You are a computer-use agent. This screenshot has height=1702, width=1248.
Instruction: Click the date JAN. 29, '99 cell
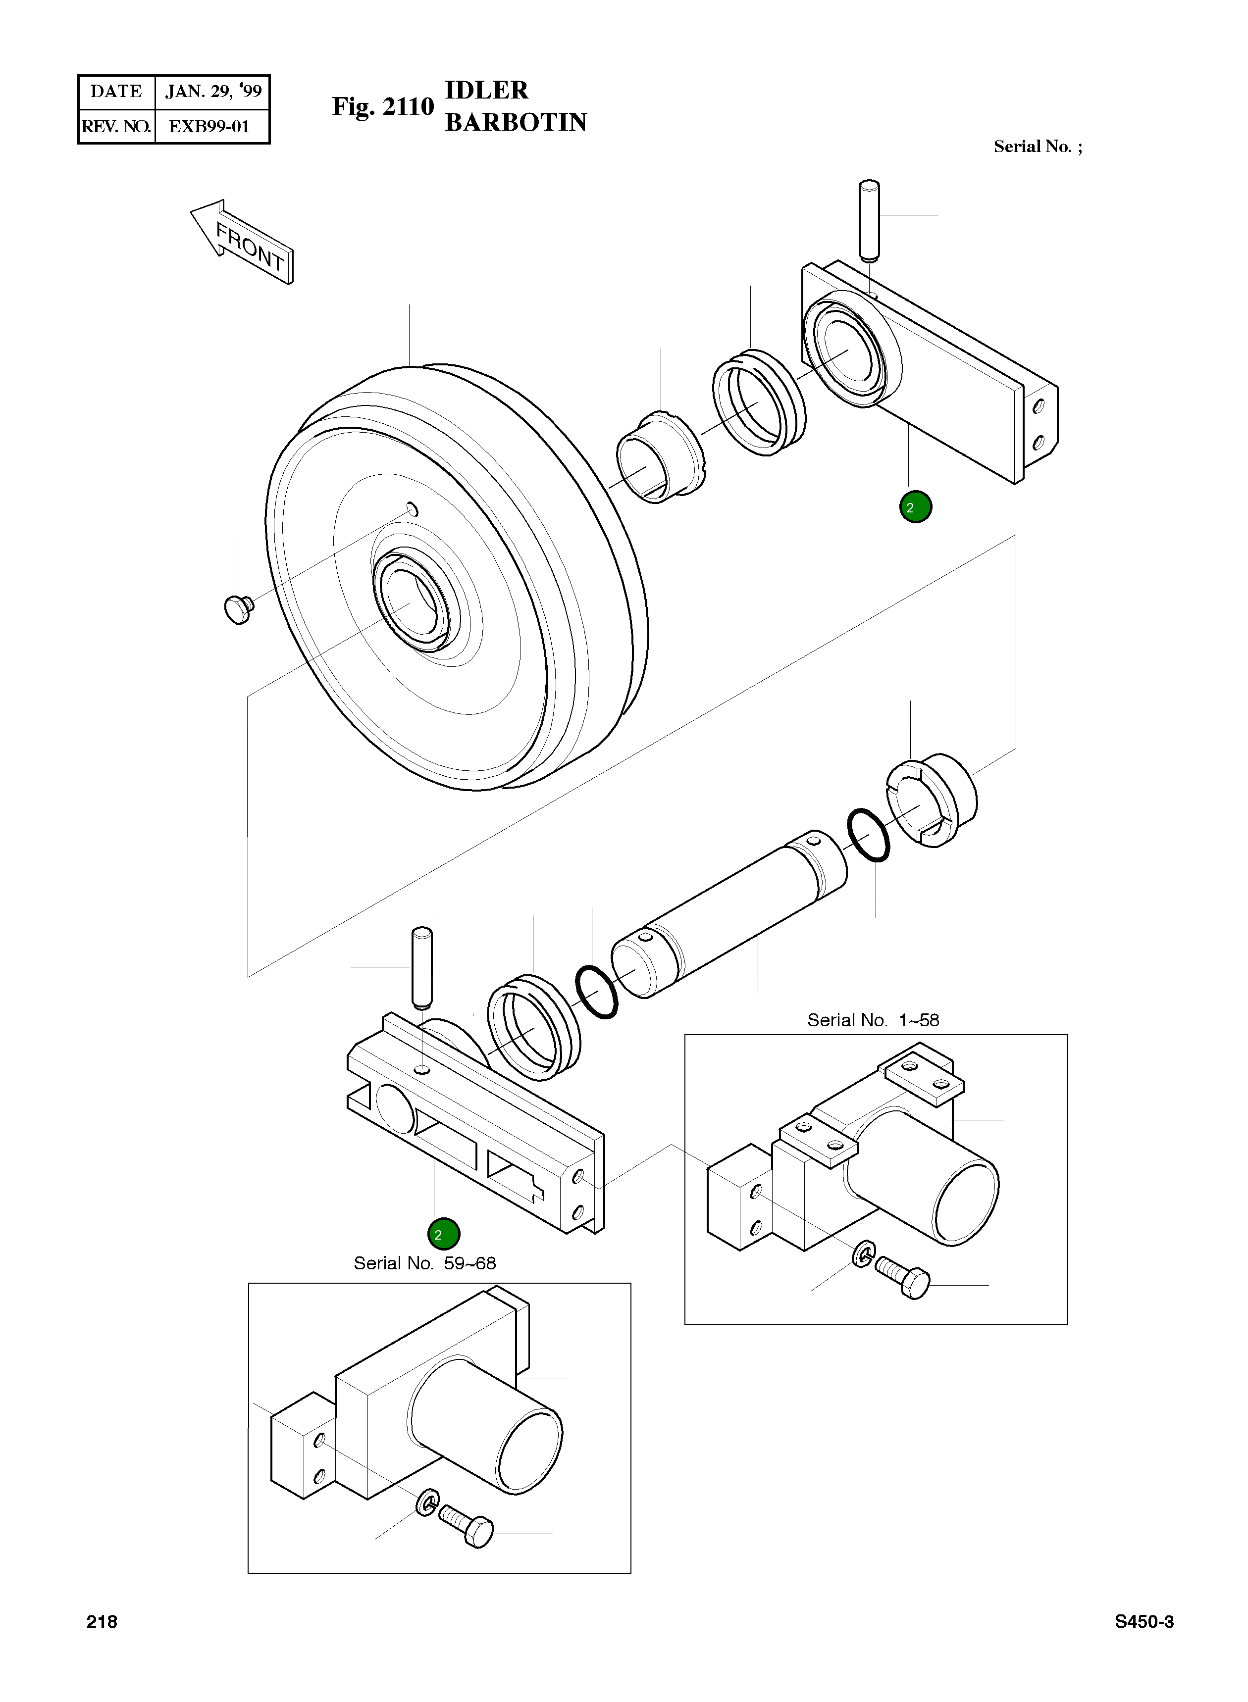pos(213,92)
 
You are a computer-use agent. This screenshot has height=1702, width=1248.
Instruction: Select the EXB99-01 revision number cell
pos(209,126)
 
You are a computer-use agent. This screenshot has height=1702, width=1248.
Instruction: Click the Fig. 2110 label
pos(383,106)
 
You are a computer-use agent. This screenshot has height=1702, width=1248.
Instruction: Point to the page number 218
pos(102,1621)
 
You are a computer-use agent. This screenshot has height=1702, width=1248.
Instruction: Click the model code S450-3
pos(1144,1621)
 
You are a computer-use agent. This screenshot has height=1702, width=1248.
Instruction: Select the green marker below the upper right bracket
pos(915,506)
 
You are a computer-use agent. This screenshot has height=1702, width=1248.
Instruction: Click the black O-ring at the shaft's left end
pos(597,992)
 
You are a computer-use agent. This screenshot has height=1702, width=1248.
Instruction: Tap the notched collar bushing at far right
pos(931,801)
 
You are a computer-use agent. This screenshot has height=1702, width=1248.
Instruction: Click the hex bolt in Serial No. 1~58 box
pos(904,1278)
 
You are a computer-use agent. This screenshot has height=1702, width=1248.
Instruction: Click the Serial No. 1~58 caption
pos(873,1020)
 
